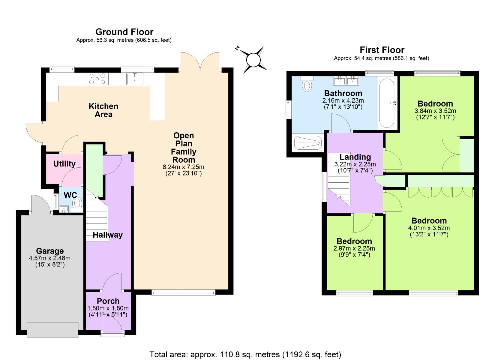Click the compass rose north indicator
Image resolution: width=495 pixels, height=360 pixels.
coord(253,60)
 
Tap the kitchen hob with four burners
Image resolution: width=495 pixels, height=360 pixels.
coord(97,79)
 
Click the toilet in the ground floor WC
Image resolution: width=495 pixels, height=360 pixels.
coord(77,203)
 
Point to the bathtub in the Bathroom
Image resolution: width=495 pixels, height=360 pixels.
coord(387,103)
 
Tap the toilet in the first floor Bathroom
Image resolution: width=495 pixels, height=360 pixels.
coord(307,84)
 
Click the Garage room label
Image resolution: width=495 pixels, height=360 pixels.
coord(50,251)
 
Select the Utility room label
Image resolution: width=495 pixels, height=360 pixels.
coord(64,164)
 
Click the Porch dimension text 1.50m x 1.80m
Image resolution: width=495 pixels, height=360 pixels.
coord(108,308)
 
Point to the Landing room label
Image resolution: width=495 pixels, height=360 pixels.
coord(355,157)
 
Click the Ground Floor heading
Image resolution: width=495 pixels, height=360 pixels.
coord(124,32)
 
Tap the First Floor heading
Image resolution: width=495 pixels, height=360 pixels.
coord(382,50)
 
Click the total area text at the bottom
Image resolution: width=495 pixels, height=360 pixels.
coord(245,354)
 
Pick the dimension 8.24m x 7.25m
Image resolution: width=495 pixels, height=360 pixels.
coord(183,167)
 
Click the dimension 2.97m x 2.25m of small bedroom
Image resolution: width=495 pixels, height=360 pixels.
coord(354,248)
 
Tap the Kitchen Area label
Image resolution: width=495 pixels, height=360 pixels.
coord(103,110)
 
